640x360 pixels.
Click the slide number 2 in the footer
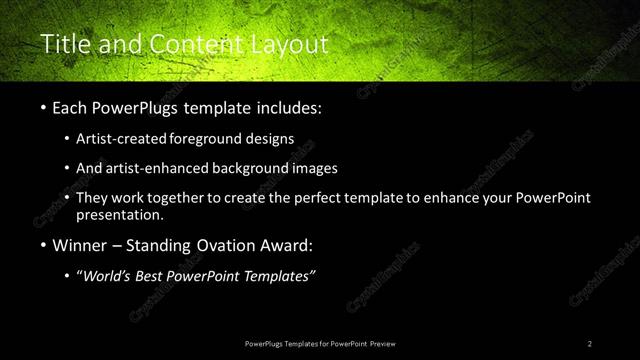(x=590, y=343)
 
